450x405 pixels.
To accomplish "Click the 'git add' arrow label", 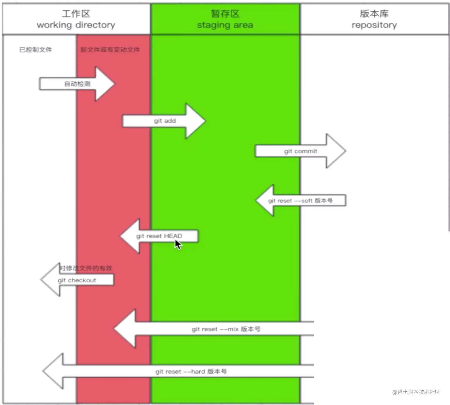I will pos(165,121).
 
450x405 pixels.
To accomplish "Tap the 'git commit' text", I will pos(301,151).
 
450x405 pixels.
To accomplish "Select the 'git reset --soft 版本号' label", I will pos(300,201).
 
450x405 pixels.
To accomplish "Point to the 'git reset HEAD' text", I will pos(159,236).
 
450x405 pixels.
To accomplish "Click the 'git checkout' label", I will pos(77,280).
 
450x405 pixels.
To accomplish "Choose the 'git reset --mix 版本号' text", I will pos(226,329).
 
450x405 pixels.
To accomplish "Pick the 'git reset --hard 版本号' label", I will pos(191,372).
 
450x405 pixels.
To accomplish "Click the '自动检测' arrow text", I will pos(77,84).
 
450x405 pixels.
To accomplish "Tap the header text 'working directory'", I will pos(76,25).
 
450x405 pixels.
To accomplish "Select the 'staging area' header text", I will pos(225,25).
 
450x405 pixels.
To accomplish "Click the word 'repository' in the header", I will pos(374,25).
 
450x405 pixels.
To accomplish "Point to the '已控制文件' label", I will pos(35,50).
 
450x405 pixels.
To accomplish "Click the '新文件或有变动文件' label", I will pos(110,50).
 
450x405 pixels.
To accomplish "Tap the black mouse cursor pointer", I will pos(178,245).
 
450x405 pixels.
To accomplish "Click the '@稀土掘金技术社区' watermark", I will pos(416,392).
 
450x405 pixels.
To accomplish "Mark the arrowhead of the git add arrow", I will pos(195,121).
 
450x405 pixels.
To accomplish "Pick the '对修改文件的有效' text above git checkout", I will pos(85,268).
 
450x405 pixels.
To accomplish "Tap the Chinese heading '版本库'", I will pos(374,14).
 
